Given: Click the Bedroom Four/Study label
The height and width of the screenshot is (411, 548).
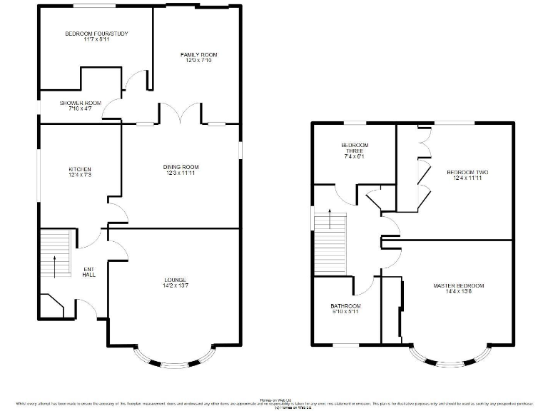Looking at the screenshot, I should [x=96, y=34].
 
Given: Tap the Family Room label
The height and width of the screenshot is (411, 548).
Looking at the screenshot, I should [x=198, y=54].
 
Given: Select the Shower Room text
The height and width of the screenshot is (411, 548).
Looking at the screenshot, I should [x=80, y=103].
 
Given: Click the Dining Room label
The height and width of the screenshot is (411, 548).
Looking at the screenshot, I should [x=181, y=167].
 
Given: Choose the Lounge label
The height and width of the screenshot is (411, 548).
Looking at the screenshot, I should [x=175, y=279].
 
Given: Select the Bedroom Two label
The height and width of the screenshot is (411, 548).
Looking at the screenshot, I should [x=467, y=173].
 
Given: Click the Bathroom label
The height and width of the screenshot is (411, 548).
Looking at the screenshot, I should [x=346, y=306].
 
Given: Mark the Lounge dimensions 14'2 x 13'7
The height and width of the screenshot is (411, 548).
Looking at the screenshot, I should [x=175, y=285].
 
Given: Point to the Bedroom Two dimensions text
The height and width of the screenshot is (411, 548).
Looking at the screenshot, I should [x=467, y=178].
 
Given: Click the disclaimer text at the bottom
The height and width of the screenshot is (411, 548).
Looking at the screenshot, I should [x=274, y=404].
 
